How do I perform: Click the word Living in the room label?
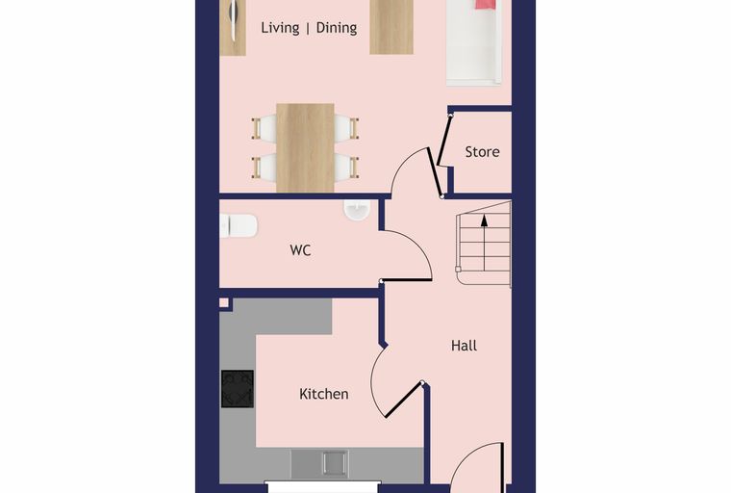pos(280,28)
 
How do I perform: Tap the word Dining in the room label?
pos(337,28)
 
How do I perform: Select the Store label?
pos(482,152)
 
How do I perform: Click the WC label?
pos(300,250)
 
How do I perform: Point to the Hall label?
pos(464,346)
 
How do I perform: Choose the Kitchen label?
pos(323,394)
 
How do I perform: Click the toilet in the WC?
pos(239,225)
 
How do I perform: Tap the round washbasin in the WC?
pos(357,209)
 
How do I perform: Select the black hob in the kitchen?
pos(238,389)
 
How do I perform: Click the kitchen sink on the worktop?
pos(335,463)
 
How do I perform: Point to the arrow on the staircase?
pos(485,243)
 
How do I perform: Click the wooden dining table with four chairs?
pos(305,147)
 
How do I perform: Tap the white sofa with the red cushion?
pos(474,43)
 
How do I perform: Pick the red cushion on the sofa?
pos(486,4)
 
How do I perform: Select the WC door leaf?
pos(407,280)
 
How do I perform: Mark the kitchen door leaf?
pos(404,401)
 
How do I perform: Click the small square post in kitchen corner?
pos(224,303)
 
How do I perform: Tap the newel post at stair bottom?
pos(458,269)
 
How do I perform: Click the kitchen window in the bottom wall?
pos(322,486)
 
